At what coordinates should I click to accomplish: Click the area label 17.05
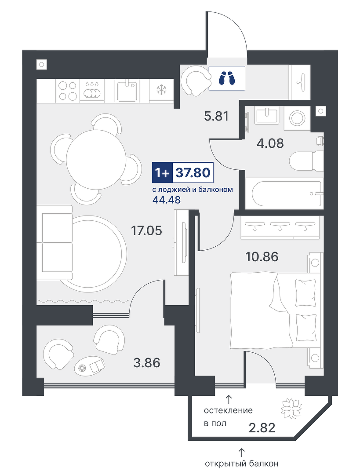146,231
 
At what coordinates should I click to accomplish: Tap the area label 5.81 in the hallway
216,116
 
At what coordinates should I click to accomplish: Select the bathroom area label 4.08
270,143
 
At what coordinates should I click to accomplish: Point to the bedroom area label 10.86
261,257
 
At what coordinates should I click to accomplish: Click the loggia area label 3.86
146,362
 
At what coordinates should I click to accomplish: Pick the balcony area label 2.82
262,428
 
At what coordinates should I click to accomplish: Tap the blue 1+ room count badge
162,173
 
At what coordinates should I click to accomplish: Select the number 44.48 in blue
167,200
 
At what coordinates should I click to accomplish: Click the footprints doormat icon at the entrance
227,78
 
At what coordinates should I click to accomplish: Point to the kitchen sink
127,90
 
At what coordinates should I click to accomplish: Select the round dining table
96,157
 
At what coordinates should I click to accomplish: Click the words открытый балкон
241,464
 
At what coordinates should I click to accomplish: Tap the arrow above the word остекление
229,399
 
